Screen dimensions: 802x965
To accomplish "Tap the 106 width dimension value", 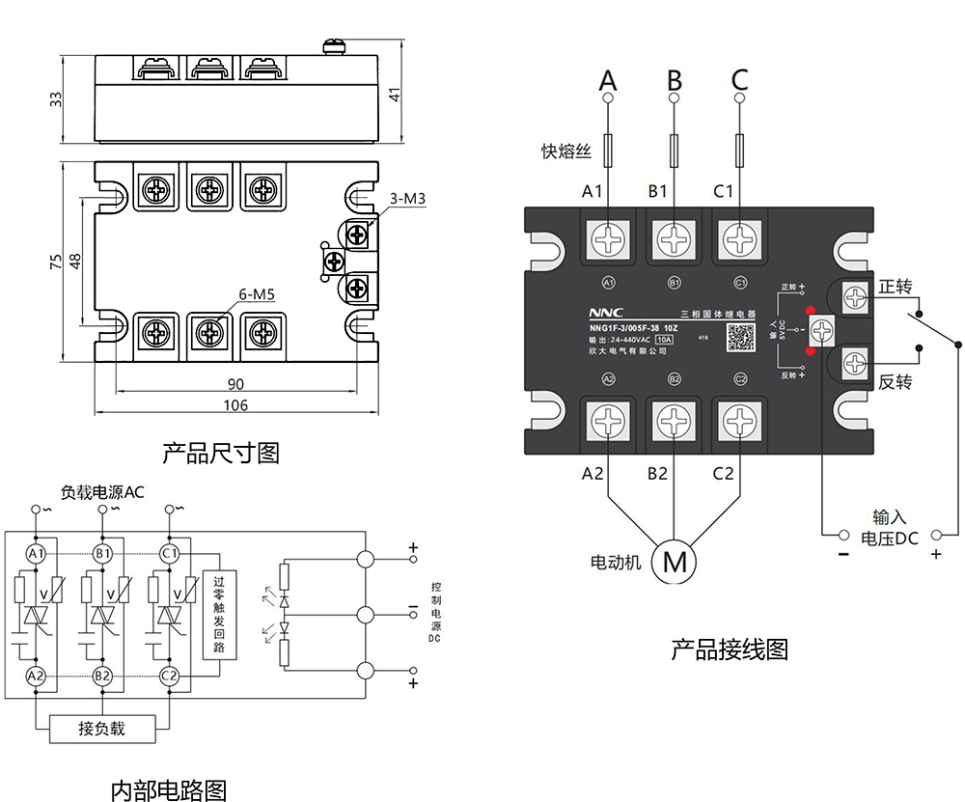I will tap(234, 405).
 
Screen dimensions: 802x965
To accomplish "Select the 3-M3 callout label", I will tap(407, 200).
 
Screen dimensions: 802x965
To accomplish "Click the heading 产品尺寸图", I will tap(220, 452).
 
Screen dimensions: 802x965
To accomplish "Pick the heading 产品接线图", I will tap(730, 650).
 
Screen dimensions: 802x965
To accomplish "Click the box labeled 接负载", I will tap(101, 729).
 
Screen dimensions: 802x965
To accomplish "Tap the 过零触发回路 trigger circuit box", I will tap(218, 615).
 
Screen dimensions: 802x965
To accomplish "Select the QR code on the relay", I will tap(739, 337).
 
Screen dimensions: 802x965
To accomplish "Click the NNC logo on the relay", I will tap(607, 313).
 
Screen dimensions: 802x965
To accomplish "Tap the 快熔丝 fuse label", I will tap(565, 151).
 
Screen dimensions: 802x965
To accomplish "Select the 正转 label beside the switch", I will tap(896, 287).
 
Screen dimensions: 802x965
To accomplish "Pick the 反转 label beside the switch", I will tap(896, 381).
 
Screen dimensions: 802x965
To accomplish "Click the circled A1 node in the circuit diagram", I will tap(37, 554).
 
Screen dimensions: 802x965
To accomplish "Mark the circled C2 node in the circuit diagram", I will tap(170, 675).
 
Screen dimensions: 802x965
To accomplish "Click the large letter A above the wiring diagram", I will tap(608, 78).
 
